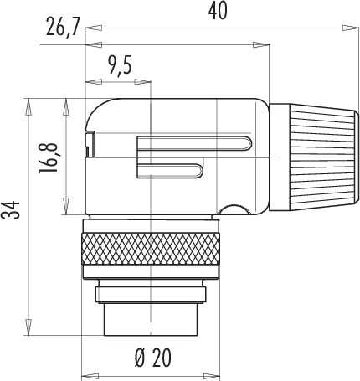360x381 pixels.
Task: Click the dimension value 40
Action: click(218, 12)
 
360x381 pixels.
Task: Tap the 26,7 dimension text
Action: click(63, 27)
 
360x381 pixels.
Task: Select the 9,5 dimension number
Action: click(121, 64)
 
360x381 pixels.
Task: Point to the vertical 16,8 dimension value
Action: click(49, 158)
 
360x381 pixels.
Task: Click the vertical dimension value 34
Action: click(10, 209)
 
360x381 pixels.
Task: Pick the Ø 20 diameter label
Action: click(153, 358)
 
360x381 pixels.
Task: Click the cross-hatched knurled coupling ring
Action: click(151, 249)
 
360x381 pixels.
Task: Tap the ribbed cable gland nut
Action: click(314, 157)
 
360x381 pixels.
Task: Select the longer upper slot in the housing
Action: click(194, 143)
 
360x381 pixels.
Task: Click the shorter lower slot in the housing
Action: click(170, 170)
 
